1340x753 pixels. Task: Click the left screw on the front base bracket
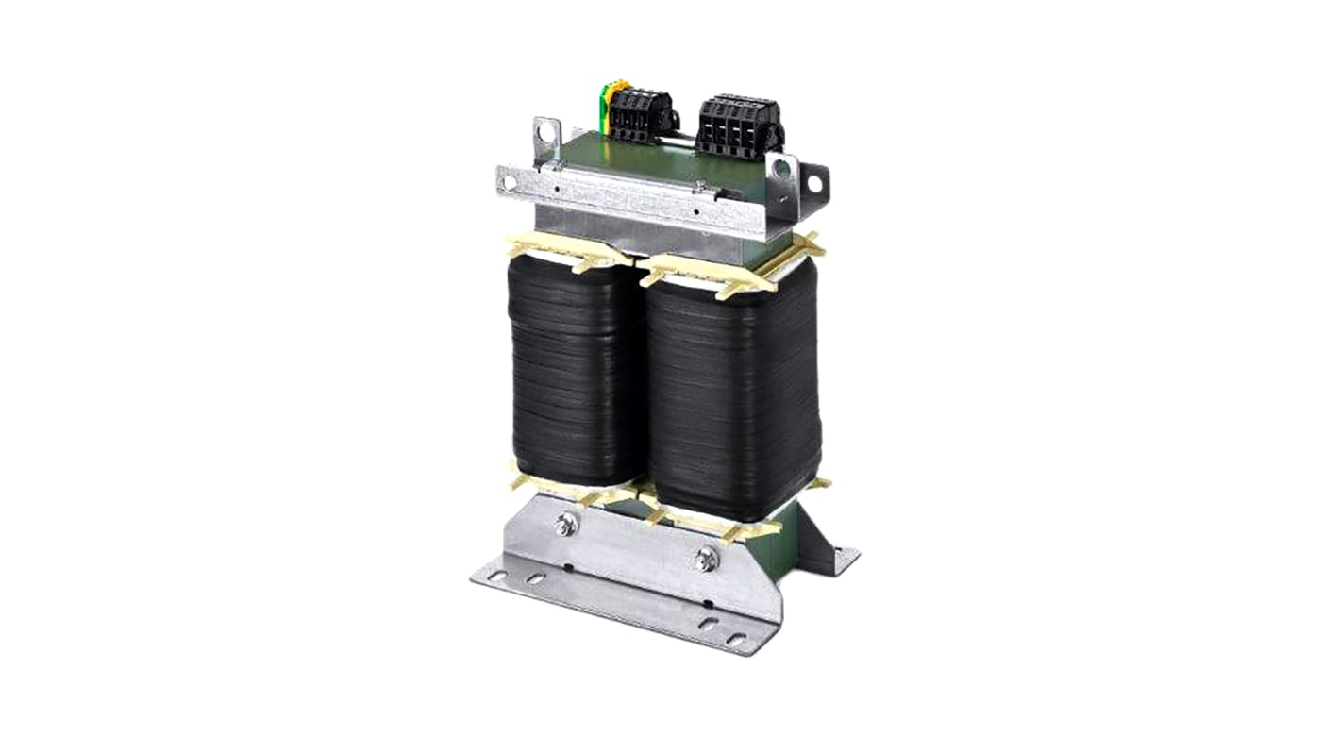pyautogui.click(x=565, y=526)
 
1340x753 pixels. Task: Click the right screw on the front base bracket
pyautogui.click(x=707, y=559)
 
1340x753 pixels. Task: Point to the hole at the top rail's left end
pyautogui.click(x=509, y=183)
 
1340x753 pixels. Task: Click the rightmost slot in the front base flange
pyautogui.click(x=736, y=641)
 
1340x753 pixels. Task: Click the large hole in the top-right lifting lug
pyautogui.click(x=780, y=170)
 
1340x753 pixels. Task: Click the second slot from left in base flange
pyautogui.click(x=534, y=578)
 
